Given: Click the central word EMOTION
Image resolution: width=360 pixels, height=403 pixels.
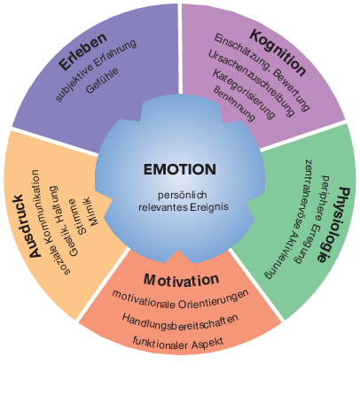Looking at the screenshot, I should click(179, 168).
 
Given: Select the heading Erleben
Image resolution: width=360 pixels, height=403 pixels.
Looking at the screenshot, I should click(82, 50).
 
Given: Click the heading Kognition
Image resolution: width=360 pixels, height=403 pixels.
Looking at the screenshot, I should click(278, 54).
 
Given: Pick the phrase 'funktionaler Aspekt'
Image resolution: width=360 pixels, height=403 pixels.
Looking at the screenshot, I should click(180, 340).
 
